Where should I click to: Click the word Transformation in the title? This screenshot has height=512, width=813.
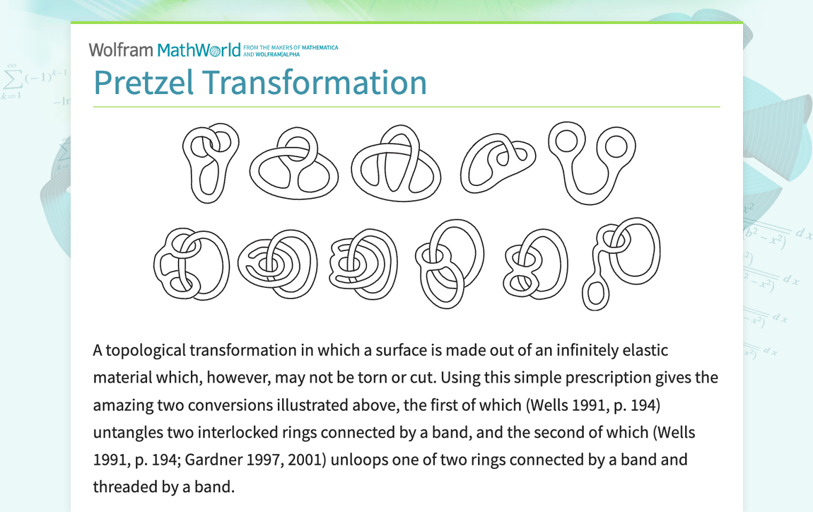(315, 83)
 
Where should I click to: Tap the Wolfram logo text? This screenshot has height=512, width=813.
(121, 50)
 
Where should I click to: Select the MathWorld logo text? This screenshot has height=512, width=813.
(199, 50)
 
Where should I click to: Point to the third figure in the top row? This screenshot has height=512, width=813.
(396, 164)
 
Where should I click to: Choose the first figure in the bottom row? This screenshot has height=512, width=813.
(191, 263)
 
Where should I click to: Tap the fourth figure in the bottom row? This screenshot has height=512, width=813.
(448, 263)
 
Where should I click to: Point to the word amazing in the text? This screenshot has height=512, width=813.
(120, 405)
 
